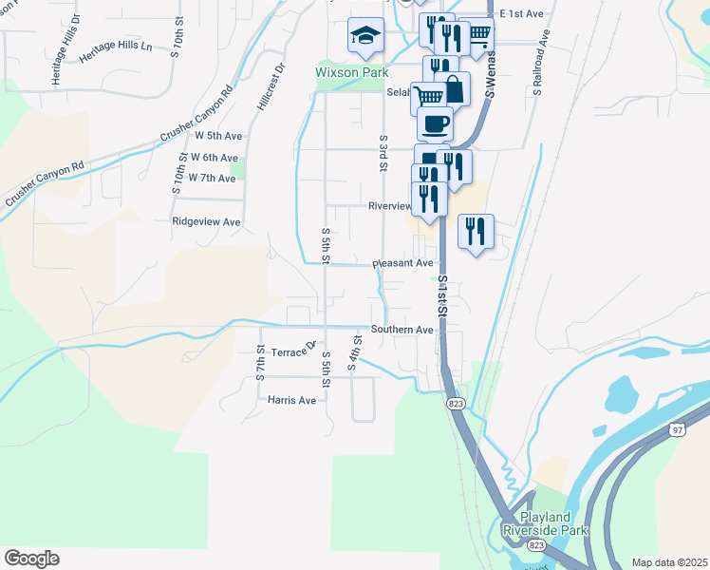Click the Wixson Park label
pyautogui.click(x=350, y=71)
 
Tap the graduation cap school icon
pyautogui.click(x=365, y=36)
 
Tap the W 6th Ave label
pyautogui.click(x=214, y=157)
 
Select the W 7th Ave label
pyautogui.click(x=212, y=178)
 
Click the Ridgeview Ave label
pyautogui.click(x=206, y=221)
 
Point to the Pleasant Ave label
pyautogui.click(x=402, y=263)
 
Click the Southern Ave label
pyautogui.click(x=402, y=330)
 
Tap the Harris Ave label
pyautogui.click(x=291, y=400)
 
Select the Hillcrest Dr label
pyautogui.click(x=270, y=87)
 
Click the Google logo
pyautogui.click(x=31, y=559)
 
